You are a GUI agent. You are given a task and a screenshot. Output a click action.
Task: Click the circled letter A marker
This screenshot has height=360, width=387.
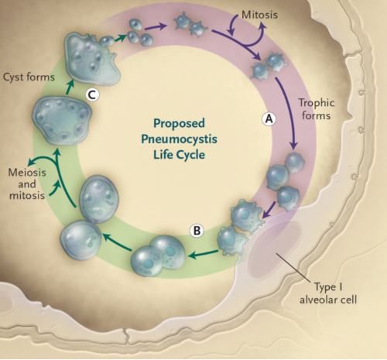click(x=269, y=119)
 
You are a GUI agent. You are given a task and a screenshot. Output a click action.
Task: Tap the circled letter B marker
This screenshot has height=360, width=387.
click(x=197, y=231)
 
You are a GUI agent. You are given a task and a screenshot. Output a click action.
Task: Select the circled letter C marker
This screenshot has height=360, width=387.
click(x=92, y=95)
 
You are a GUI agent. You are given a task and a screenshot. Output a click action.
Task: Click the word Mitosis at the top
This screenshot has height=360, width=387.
click(x=259, y=15)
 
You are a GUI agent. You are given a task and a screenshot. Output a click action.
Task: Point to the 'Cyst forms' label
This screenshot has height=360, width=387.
click(x=29, y=77)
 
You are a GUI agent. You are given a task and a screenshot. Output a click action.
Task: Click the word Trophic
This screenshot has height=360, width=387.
click(x=317, y=103)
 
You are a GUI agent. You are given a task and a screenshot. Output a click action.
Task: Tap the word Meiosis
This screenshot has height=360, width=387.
click(x=27, y=172)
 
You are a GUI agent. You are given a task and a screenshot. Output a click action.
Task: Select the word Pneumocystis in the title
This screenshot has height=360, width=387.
click(x=179, y=139)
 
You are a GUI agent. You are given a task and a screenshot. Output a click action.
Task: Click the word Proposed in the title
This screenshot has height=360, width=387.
click(x=179, y=123)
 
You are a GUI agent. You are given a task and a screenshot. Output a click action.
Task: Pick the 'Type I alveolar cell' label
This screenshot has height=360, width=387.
click(x=328, y=293)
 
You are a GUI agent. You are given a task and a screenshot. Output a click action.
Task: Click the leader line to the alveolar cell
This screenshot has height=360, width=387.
click(x=293, y=267)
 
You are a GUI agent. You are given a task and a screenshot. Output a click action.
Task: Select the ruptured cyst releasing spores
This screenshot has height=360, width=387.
click(x=92, y=59)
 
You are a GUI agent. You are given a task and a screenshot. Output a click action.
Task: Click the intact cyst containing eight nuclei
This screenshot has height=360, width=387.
click(x=62, y=120)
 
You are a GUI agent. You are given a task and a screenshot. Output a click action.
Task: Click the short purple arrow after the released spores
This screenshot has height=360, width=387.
click(x=155, y=26)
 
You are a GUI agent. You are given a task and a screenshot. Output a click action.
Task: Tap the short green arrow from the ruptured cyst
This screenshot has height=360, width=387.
click(x=122, y=38)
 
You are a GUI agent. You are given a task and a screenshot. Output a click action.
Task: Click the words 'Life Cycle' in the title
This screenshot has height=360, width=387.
click(x=179, y=155)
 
